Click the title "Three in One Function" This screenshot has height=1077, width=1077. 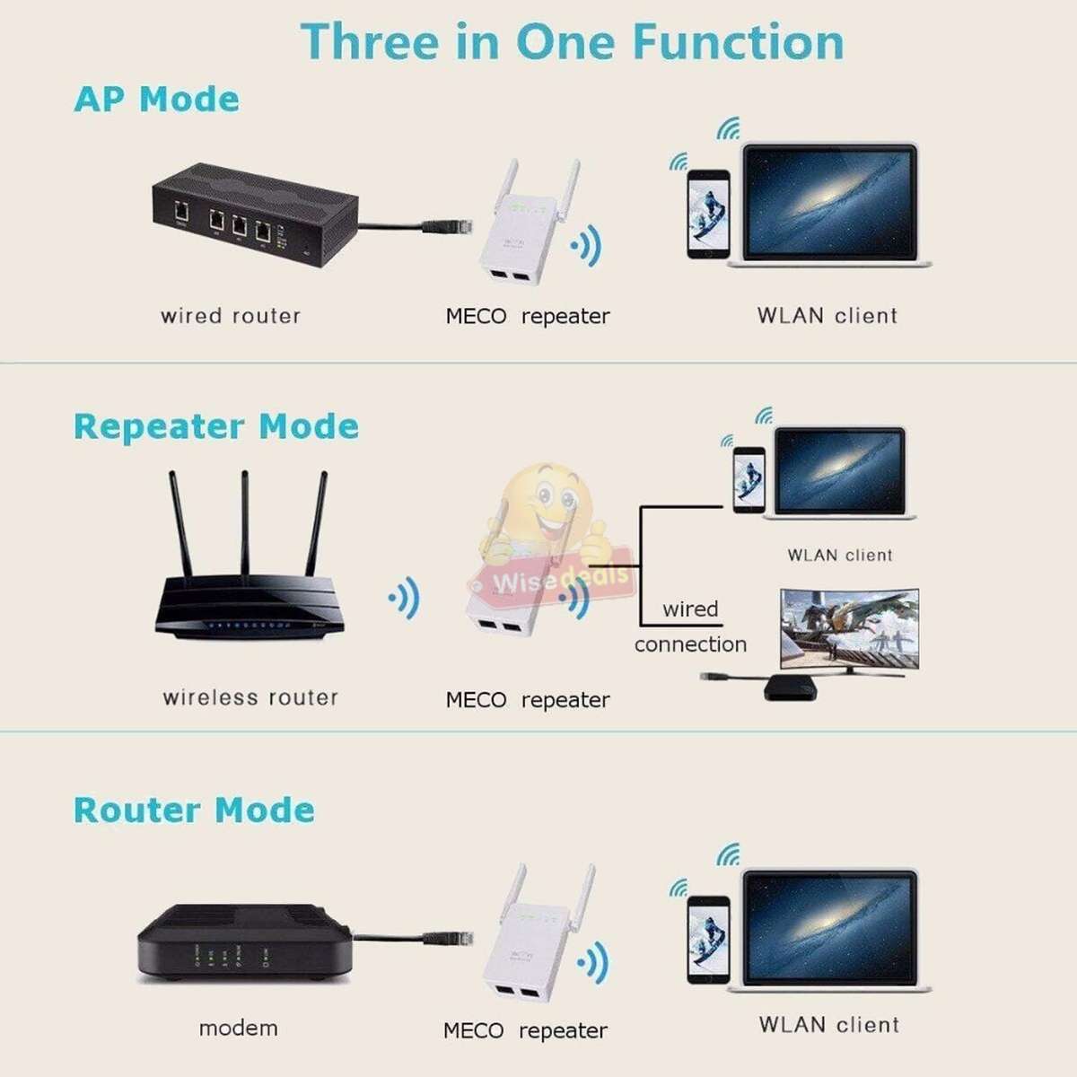572,42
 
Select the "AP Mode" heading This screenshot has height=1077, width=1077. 156,99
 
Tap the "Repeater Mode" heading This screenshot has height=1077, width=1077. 215,426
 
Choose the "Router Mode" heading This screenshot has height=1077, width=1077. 194,810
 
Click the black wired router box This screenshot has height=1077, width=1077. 251,215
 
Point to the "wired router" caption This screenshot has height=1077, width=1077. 230,316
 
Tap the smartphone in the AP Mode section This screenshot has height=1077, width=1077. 708,215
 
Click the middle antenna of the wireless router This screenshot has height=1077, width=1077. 244,525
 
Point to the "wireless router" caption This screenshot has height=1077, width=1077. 250,697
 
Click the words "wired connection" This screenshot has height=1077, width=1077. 690,626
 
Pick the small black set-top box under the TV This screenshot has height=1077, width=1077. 790,687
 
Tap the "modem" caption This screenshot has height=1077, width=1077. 238,1028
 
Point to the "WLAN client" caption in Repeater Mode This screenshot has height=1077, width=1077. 840,556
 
